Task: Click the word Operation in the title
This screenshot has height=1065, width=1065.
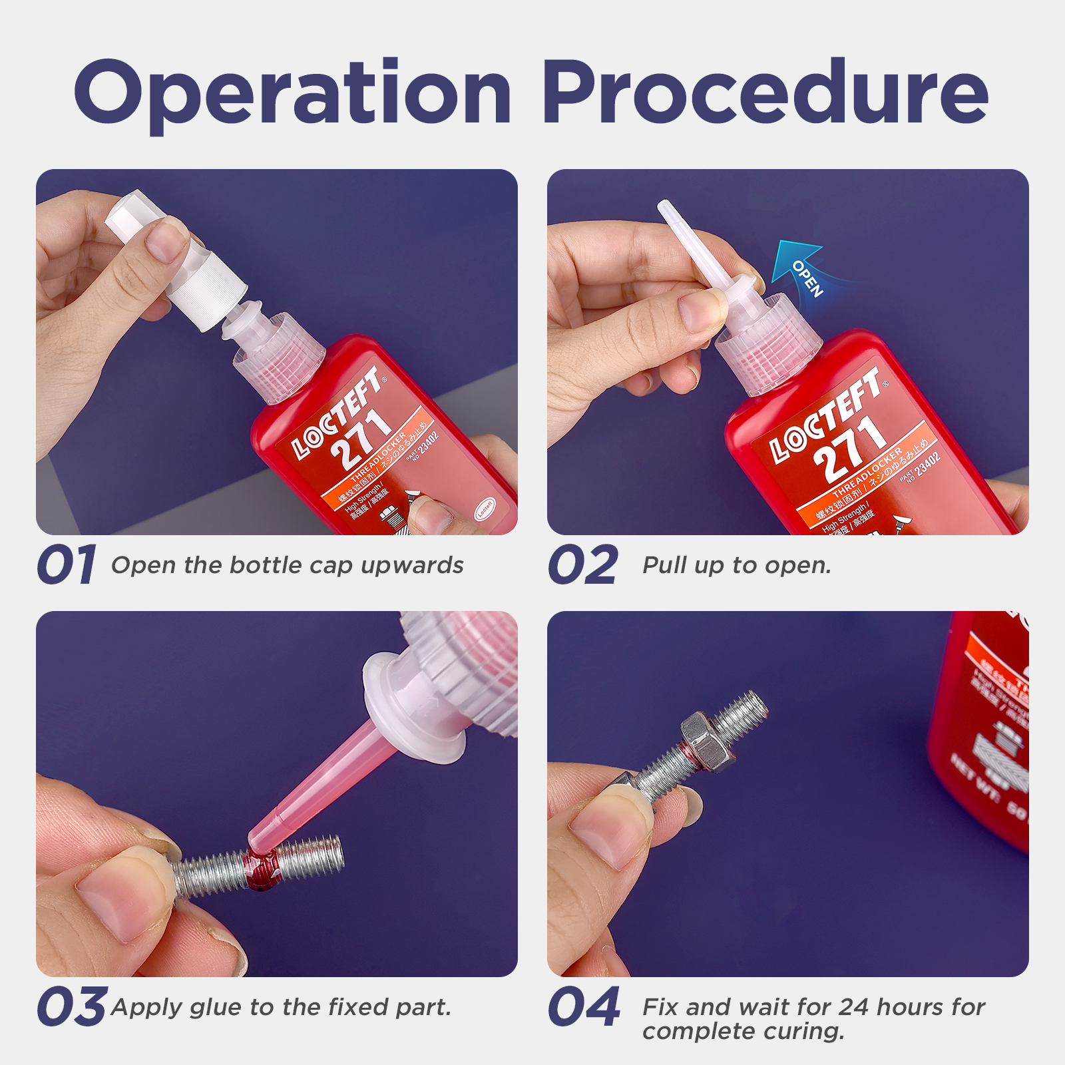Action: (293, 93)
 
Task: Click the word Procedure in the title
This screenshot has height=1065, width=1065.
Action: (765, 93)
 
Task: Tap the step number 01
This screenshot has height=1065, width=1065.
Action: (67, 565)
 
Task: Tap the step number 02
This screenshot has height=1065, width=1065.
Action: (583, 565)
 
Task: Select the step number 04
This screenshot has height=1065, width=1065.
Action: (584, 1006)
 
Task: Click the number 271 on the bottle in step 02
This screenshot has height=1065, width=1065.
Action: (849, 449)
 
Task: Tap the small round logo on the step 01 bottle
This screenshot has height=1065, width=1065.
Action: (485, 509)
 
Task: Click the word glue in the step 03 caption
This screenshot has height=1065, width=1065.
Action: (216, 1008)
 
